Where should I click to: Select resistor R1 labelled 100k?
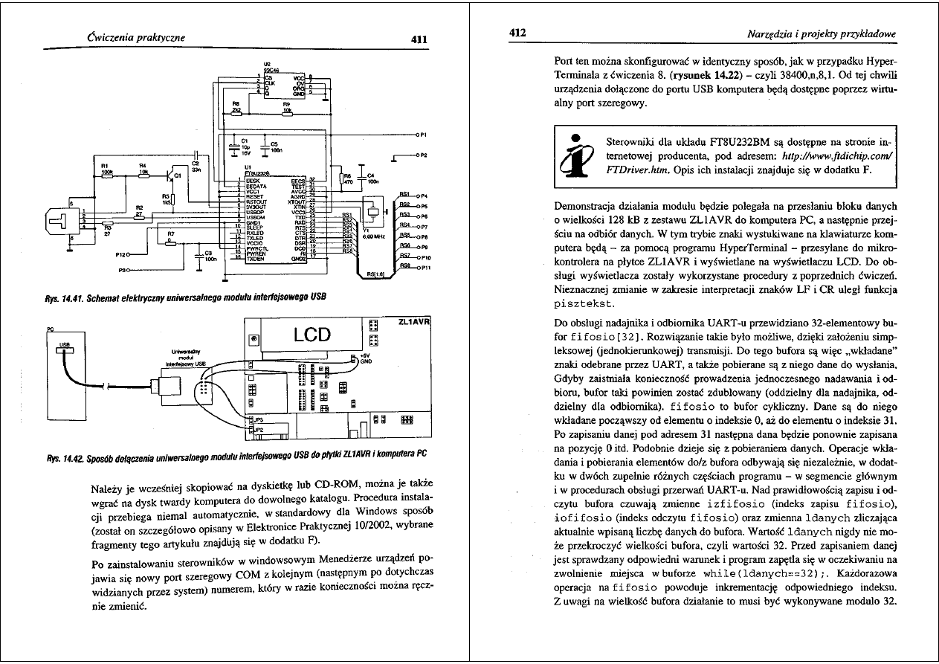pyautogui.click(x=106, y=168)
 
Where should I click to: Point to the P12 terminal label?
pyautogui.click(x=121, y=254)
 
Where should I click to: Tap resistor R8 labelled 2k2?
pyautogui.click(x=237, y=108)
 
